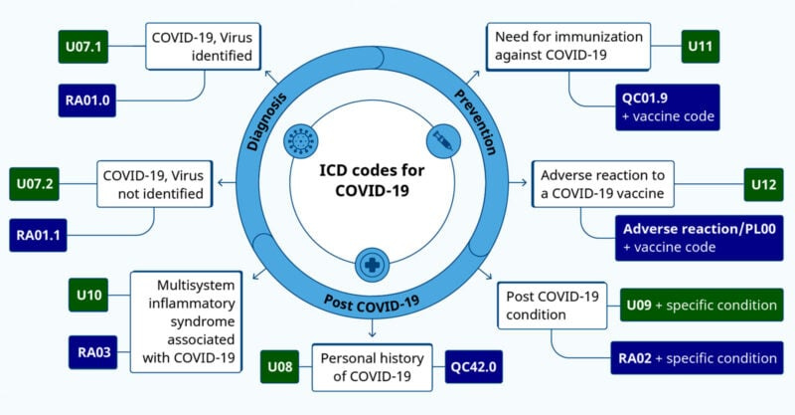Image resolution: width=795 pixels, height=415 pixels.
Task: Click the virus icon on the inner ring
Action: (x=298, y=141)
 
